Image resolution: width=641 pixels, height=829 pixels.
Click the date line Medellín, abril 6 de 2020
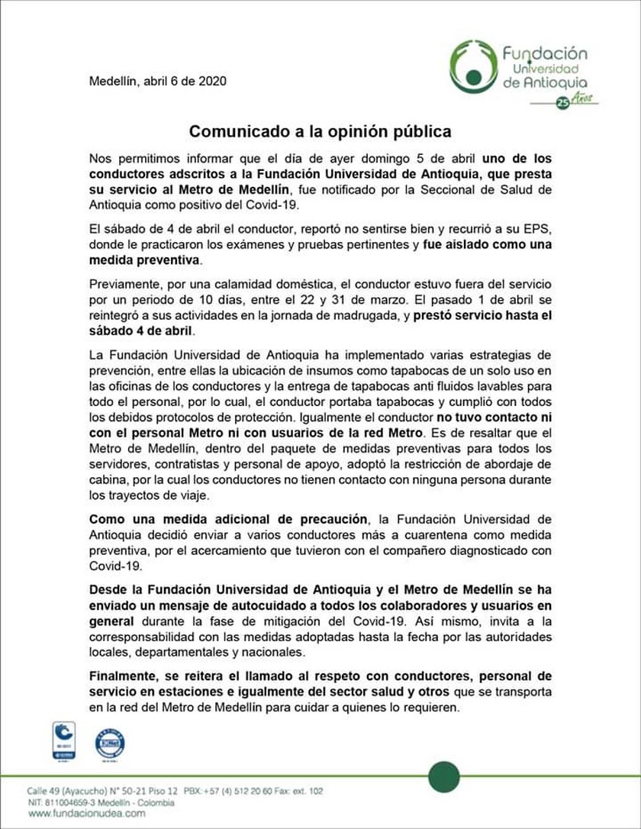(x=157, y=81)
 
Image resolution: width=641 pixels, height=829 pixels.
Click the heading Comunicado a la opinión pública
(x=320, y=131)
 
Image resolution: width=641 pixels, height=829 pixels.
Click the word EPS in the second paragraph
(x=539, y=231)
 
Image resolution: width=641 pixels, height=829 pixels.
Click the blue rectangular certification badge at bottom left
(x=63, y=740)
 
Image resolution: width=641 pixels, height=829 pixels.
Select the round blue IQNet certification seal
(x=110, y=743)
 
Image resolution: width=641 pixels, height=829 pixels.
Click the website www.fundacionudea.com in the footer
(x=76, y=814)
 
